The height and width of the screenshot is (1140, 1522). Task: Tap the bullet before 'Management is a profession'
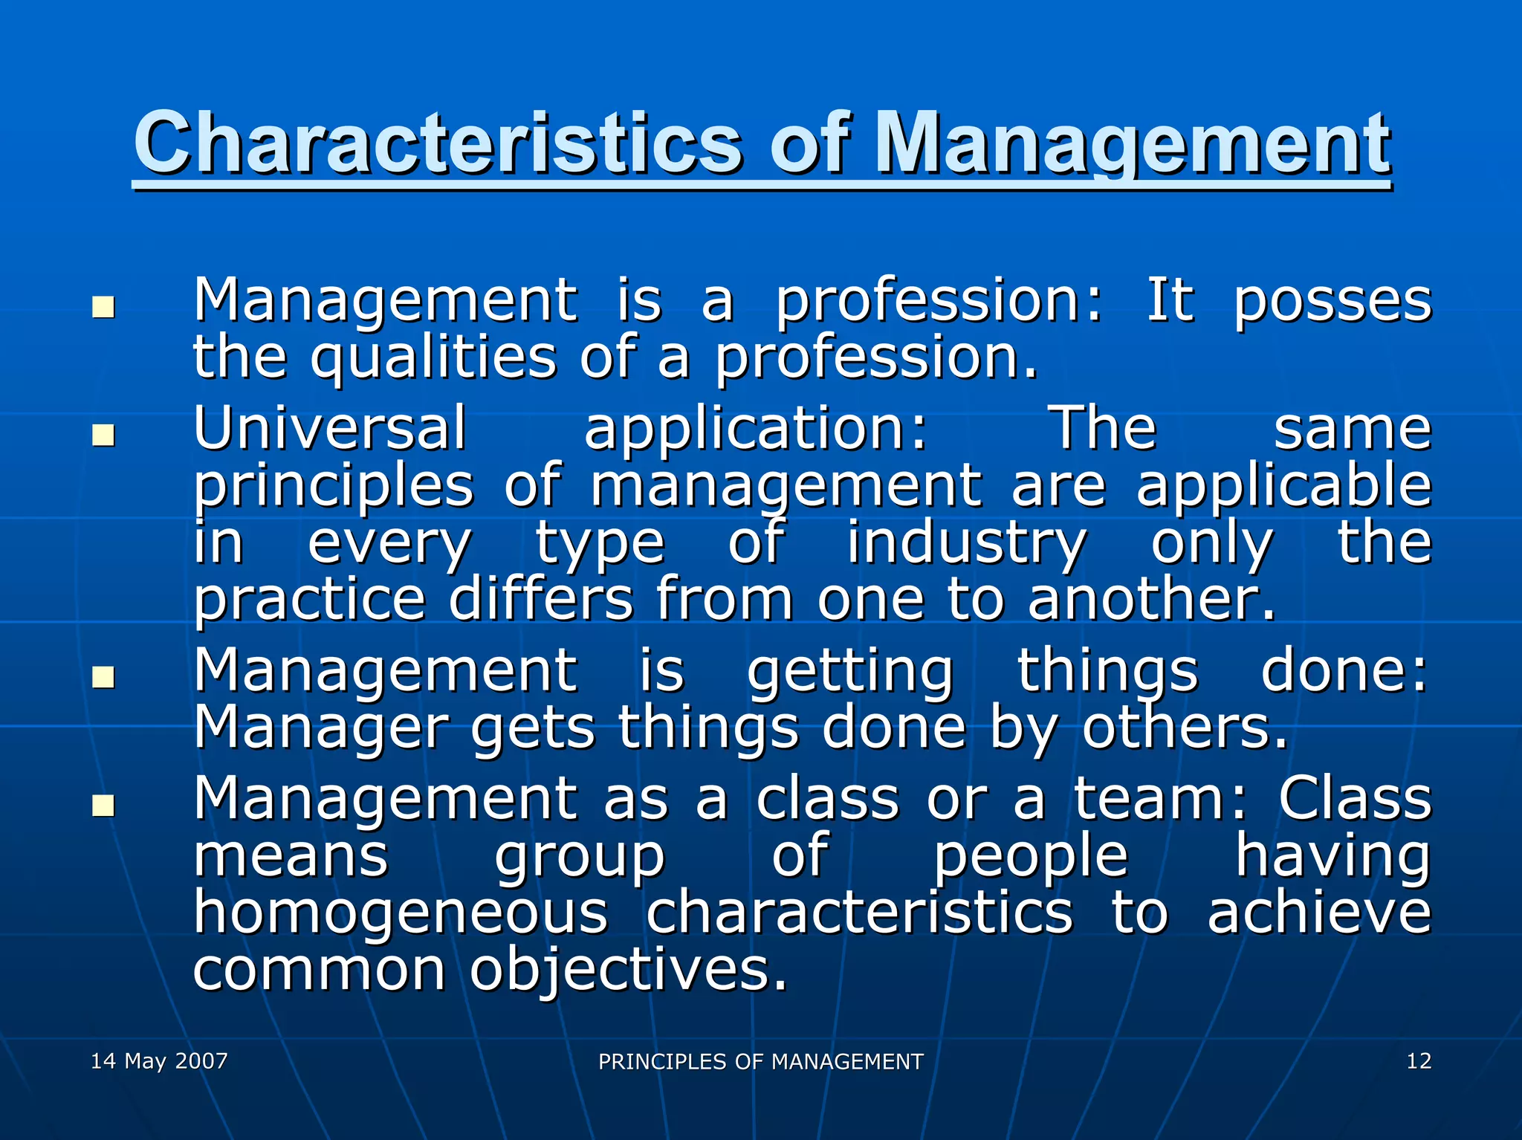pyautogui.click(x=103, y=307)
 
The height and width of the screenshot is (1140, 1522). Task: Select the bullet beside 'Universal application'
pyautogui.click(x=103, y=435)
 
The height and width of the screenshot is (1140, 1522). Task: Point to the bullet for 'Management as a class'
pyautogui.click(x=103, y=806)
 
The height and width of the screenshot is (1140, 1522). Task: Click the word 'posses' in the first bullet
pyautogui.click(x=1332, y=303)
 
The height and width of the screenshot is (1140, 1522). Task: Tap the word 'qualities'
pyautogui.click(x=433, y=359)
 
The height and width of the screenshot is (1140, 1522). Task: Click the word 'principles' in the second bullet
pyautogui.click(x=334, y=488)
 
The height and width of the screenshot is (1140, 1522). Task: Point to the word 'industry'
pyautogui.click(x=966, y=544)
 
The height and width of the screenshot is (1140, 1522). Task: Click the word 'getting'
pyautogui.click(x=850, y=672)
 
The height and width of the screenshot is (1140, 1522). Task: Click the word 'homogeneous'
pyautogui.click(x=401, y=913)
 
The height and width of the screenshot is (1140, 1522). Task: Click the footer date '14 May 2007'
pyautogui.click(x=159, y=1060)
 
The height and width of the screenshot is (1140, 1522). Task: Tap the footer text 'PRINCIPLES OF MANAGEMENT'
pyautogui.click(x=760, y=1061)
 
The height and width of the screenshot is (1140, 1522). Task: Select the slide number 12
pyautogui.click(x=1418, y=1060)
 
